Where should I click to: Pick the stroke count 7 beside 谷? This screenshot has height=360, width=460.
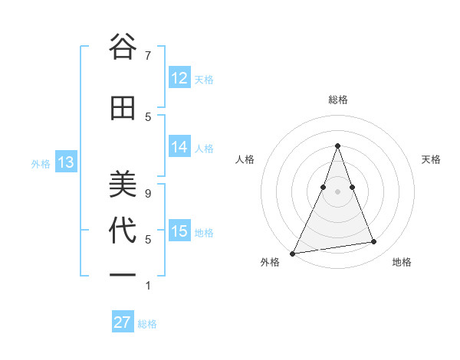point(147,55)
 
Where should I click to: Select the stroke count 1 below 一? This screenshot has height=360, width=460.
point(147,286)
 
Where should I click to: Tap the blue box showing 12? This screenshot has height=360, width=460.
point(179,78)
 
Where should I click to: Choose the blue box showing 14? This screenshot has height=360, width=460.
point(179,147)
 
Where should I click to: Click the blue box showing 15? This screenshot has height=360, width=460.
point(179,231)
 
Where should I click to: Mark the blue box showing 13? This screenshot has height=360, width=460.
point(65,162)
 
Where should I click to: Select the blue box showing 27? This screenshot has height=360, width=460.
point(122,322)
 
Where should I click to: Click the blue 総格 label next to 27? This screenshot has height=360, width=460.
point(147,324)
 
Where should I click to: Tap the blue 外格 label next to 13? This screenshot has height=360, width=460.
point(41,163)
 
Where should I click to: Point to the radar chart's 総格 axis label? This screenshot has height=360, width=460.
point(337,100)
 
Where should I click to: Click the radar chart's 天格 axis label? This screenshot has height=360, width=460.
point(431,159)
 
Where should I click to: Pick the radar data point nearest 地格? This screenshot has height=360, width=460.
point(374,242)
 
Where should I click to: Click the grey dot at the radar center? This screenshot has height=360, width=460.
point(337,191)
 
